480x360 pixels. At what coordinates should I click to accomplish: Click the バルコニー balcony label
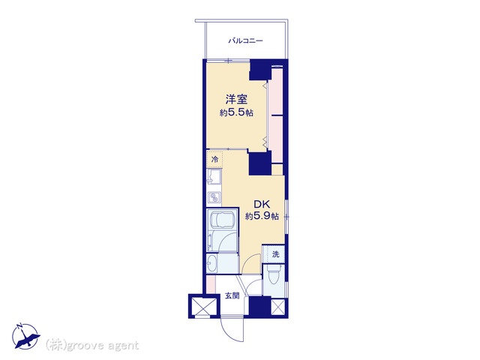(x=245, y=40)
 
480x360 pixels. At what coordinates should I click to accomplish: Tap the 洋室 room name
(x=236, y=100)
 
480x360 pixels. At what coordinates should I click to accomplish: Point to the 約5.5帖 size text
(x=236, y=113)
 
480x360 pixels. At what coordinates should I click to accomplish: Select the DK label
(x=261, y=204)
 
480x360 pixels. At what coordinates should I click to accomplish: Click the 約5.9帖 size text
(x=262, y=217)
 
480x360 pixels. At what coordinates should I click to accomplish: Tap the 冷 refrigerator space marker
(x=215, y=159)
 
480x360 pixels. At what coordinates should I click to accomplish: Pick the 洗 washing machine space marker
(x=276, y=253)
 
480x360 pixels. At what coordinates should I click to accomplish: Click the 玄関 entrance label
(x=232, y=296)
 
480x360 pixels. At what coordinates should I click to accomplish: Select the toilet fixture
(x=273, y=277)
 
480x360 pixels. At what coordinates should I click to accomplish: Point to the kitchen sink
(x=214, y=178)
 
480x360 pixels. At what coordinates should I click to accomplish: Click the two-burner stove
(x=214, y=196)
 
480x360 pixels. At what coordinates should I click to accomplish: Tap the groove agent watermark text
(x=91, y=345)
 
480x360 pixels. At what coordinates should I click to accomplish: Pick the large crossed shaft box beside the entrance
(x=202, y=306)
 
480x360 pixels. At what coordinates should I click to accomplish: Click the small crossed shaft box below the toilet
(x=278, y=307)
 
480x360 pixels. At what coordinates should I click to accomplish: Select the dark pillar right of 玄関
(x=259, y=306)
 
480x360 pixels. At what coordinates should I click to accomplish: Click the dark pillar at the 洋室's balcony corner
(x=260, y=70)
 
